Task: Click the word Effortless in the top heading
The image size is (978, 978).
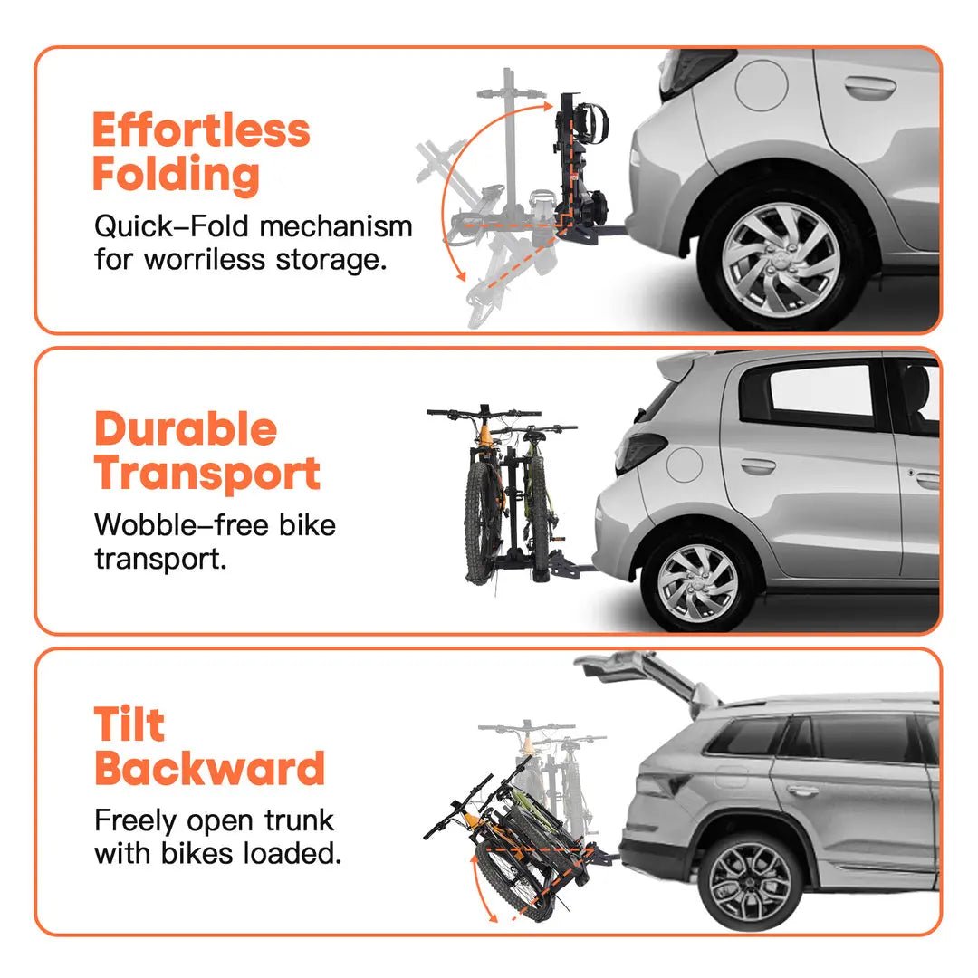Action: click(201, 130)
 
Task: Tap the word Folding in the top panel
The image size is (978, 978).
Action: click(176, 174)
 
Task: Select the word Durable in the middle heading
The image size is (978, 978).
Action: click(186, 429)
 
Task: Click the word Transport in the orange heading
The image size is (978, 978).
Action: click(207, 473)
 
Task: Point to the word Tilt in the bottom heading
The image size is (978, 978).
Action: click(130, 724)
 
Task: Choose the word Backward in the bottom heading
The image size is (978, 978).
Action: click(209, 769)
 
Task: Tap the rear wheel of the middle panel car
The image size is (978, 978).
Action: click(697, 580)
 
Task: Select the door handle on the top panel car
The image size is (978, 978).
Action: click(870, 88)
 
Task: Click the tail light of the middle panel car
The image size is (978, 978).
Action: click(642, 449)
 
